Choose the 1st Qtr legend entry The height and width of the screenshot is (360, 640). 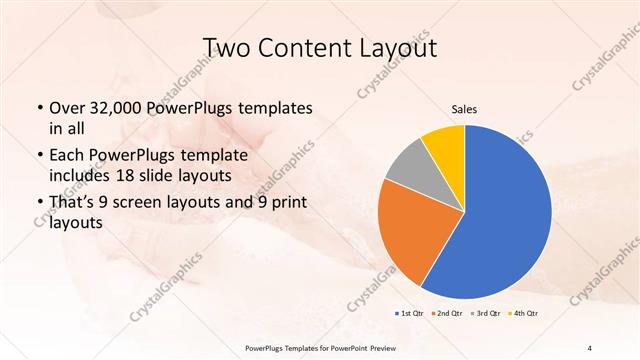pos(409,314)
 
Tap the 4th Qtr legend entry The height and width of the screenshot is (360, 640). pos(523,314)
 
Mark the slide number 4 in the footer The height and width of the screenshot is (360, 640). pos(590,347)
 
